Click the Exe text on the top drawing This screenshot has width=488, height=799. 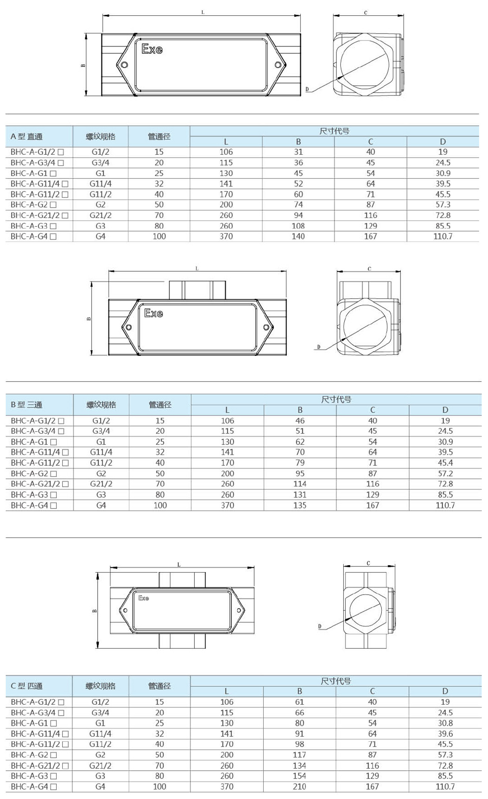[x=152, y=49]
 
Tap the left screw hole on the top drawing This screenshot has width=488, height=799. [x=125, y=65]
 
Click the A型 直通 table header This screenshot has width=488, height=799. [x=27, y=137]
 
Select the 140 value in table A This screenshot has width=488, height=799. [x=298, y=236]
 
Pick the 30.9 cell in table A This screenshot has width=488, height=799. [x=443, y=173]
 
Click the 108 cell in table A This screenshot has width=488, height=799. [x=298, y=226]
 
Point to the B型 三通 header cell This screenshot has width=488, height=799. [x=27, y=405]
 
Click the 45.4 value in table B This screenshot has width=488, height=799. [x=445, y=463]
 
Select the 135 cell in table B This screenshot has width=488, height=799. [x=300, y=505]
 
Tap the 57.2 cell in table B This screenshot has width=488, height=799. [x=445, y=473]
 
